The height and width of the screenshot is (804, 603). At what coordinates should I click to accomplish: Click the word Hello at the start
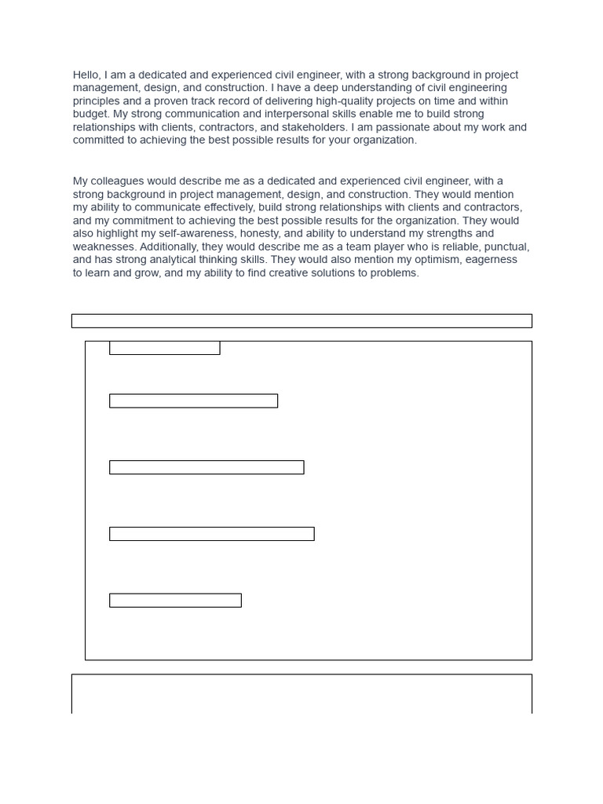(87, 75)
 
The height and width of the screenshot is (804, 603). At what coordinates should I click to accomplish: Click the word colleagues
(119, 181)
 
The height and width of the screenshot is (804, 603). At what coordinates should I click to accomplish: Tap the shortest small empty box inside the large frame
(164, 348)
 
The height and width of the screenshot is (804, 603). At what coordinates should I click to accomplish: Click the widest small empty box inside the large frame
(211, 534)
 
